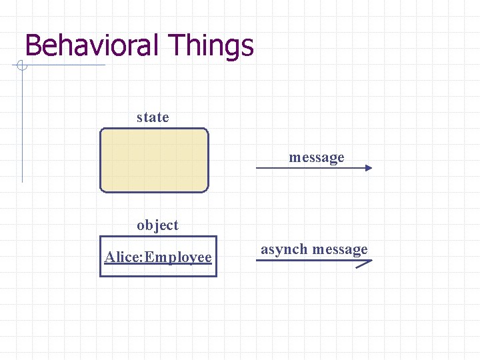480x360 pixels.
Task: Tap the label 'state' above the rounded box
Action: click(153, 117)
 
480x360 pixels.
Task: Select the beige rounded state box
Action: click(154, 160)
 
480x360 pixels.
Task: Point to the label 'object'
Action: click(157, 225)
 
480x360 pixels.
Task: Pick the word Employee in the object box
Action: click(178, 257)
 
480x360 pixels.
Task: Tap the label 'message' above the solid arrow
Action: click(317, 158)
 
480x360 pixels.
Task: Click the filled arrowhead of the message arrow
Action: click(369, 169)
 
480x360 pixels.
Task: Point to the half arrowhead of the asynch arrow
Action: click(365, 263)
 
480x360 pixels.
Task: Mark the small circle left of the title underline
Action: click(21, 65)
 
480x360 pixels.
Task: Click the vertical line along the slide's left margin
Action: click(22, 127)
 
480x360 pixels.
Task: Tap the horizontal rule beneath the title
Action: click(67, 65)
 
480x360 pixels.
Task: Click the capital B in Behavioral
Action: click(33, 46)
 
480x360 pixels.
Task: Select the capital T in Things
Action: click(177, 46)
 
